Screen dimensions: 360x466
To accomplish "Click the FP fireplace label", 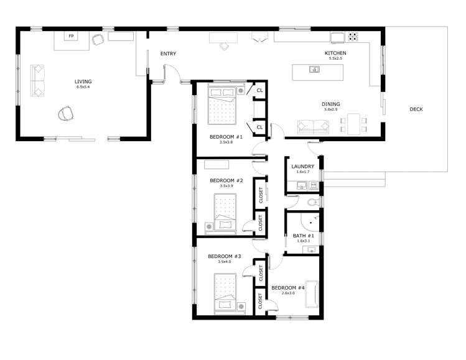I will (71, 37).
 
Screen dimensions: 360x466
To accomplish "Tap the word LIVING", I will (83, 81).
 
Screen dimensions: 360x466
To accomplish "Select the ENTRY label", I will (168, 53).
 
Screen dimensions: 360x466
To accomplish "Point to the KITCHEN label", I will (335, 53).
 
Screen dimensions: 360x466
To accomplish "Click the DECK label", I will (416, 109).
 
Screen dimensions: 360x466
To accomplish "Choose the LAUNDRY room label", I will (303, 167).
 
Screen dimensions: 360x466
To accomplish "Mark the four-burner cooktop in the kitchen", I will (353, 36).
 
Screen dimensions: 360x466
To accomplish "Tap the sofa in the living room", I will (39, 81).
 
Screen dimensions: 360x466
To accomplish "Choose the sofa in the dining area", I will (314, 127).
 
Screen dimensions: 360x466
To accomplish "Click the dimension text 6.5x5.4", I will (83, 88).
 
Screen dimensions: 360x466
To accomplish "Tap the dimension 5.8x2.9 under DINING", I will (331, 110).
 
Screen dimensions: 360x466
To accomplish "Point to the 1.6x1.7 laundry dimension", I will (303, 173).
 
